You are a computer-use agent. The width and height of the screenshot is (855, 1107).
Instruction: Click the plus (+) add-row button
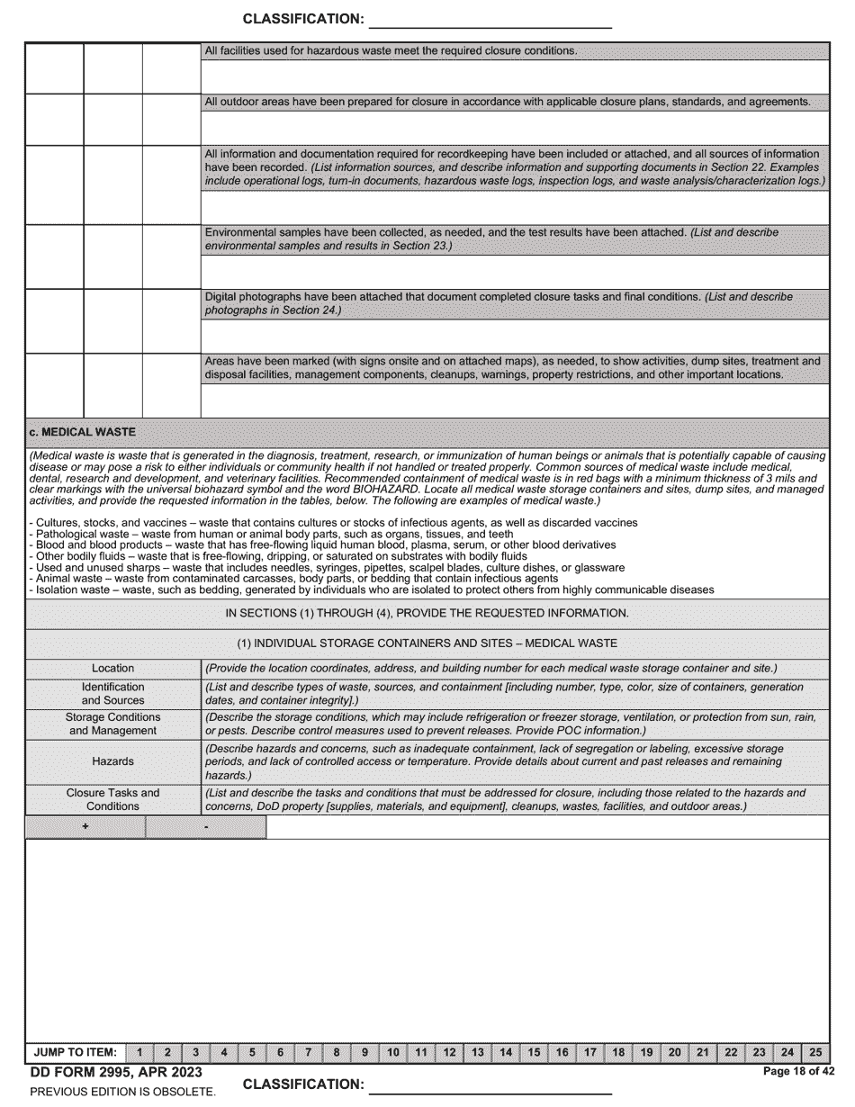pos(85,827)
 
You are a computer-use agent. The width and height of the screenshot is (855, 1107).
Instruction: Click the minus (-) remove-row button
pos(206,827)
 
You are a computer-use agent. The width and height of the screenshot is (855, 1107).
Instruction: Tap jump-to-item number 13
pos(477,1051)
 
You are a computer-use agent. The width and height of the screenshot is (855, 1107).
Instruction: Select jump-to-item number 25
pos(814,1051)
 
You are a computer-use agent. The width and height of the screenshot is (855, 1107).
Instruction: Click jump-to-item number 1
pos(139,1051)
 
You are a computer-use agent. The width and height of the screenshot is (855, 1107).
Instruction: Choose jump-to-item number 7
pos(308,1051)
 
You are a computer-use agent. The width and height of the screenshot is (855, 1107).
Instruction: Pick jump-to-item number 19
pos(646,1051)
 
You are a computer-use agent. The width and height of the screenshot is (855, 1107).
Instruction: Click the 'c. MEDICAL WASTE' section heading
pos(82,432)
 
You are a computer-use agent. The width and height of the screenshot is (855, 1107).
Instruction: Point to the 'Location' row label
pos(112,668)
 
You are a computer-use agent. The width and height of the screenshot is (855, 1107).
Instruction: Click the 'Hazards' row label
pos(112,761)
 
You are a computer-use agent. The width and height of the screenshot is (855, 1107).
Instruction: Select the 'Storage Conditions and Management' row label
pos(112,724)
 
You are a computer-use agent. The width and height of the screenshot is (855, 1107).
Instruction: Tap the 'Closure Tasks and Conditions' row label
pos(112,799)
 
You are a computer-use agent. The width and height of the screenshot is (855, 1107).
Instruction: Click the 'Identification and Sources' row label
pos(112,693)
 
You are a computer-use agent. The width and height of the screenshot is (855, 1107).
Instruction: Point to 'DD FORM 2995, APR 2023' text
pos(116,1072)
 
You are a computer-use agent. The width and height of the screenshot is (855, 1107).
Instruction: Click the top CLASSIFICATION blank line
pos(490,20)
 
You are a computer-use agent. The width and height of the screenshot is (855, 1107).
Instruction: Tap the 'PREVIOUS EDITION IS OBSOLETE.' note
pos(122,1092)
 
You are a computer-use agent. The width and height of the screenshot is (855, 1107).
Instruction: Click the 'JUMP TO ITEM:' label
pos(75,1051)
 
